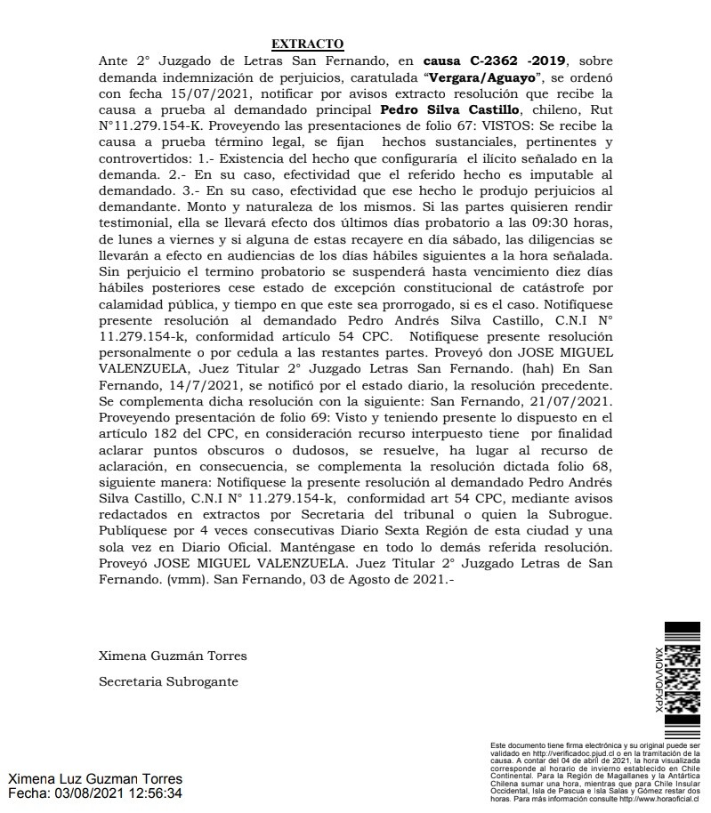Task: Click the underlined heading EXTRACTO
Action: click(x=307, y=44)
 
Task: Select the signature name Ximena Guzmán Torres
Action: click(x=173, y=656)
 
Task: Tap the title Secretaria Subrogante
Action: click(x=168, y=682)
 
